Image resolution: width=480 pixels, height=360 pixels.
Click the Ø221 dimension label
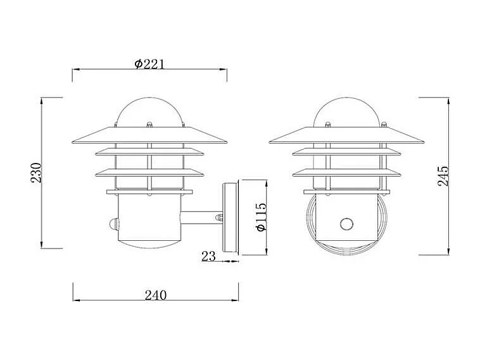pyautogui.click(x=149, y=64)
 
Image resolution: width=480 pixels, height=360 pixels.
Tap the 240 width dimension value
pyautogui.click(x=155, y=295)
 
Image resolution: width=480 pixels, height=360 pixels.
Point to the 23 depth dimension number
pyautogui.click(x=209, y=256)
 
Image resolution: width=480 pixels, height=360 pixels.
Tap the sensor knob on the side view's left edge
pyautogui.click(x=112, y=224)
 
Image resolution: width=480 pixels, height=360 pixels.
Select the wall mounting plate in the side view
pyautogui.click(x=231, y=219)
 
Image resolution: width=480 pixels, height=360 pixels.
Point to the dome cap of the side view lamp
pyautogui.click(x=149, y=109)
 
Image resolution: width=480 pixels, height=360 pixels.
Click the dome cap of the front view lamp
pyautogui.click(x=346, y=109)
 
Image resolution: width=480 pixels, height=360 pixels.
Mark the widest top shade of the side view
pyautogui.click(x=149, y=136)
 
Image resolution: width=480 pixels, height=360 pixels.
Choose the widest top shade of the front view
pyautogui.click(x=346, y=136)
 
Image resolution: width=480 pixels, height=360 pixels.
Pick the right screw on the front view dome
pyautogui.click(x=382, y=122)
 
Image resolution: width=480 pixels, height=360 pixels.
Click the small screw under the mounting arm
pyautogui.click(x=220, y=217)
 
